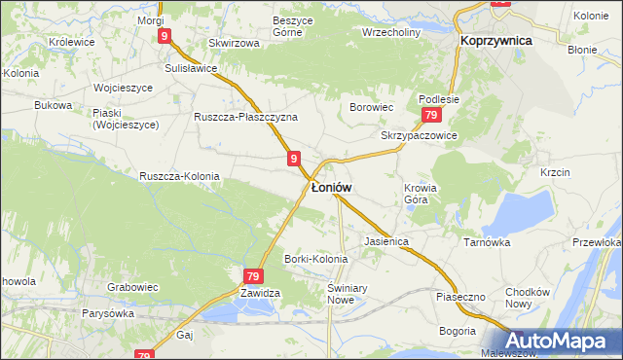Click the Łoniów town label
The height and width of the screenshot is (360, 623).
331,186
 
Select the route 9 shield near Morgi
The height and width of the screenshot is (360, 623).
165,36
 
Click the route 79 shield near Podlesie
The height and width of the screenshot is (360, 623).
429,116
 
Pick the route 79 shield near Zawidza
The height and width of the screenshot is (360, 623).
253,276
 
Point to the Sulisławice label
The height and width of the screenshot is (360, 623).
190,69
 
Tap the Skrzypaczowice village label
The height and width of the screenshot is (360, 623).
419,135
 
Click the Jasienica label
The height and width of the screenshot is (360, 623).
385,239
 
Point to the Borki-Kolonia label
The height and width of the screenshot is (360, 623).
315,259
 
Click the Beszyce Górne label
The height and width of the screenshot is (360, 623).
273,26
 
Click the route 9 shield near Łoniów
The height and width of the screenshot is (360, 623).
293,157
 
